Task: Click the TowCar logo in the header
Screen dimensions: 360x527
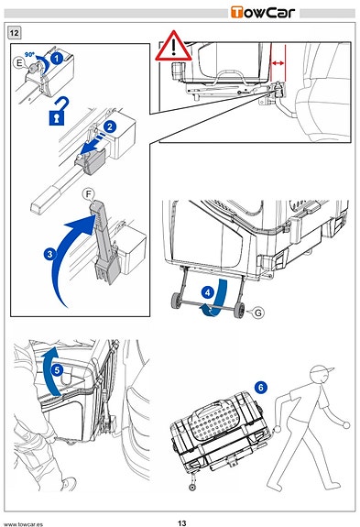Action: [x=263, y=13]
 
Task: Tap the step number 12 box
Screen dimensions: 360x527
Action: [x=14, y=33]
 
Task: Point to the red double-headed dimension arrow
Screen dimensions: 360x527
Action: [x=278, y=63]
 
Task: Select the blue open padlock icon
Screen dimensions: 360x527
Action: [x=58, y=112]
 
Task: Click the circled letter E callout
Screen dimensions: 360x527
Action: [x=19, y=63]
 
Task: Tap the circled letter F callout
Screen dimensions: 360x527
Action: [x=88, y=194]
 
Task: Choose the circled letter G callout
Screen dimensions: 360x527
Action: [x=258, y=313]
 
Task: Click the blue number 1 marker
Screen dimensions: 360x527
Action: [x=57, y=58]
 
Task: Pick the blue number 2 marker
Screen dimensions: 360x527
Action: [x=110, y=127]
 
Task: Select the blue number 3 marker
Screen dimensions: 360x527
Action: [x=49, y=254]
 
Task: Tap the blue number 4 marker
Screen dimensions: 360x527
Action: [x=208, y=292]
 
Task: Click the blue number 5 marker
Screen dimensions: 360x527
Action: [x=57, y=370]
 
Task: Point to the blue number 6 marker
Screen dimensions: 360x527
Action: [x=261, y=388]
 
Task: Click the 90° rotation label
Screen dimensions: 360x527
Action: [x=29, y=54]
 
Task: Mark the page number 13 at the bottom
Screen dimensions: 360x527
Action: [x=181, y=523]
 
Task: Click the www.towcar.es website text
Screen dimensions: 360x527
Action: [x=22, y=524]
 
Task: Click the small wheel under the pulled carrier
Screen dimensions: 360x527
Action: [x=192, y=487]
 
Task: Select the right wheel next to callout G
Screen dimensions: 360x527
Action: [x=240, y=308]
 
